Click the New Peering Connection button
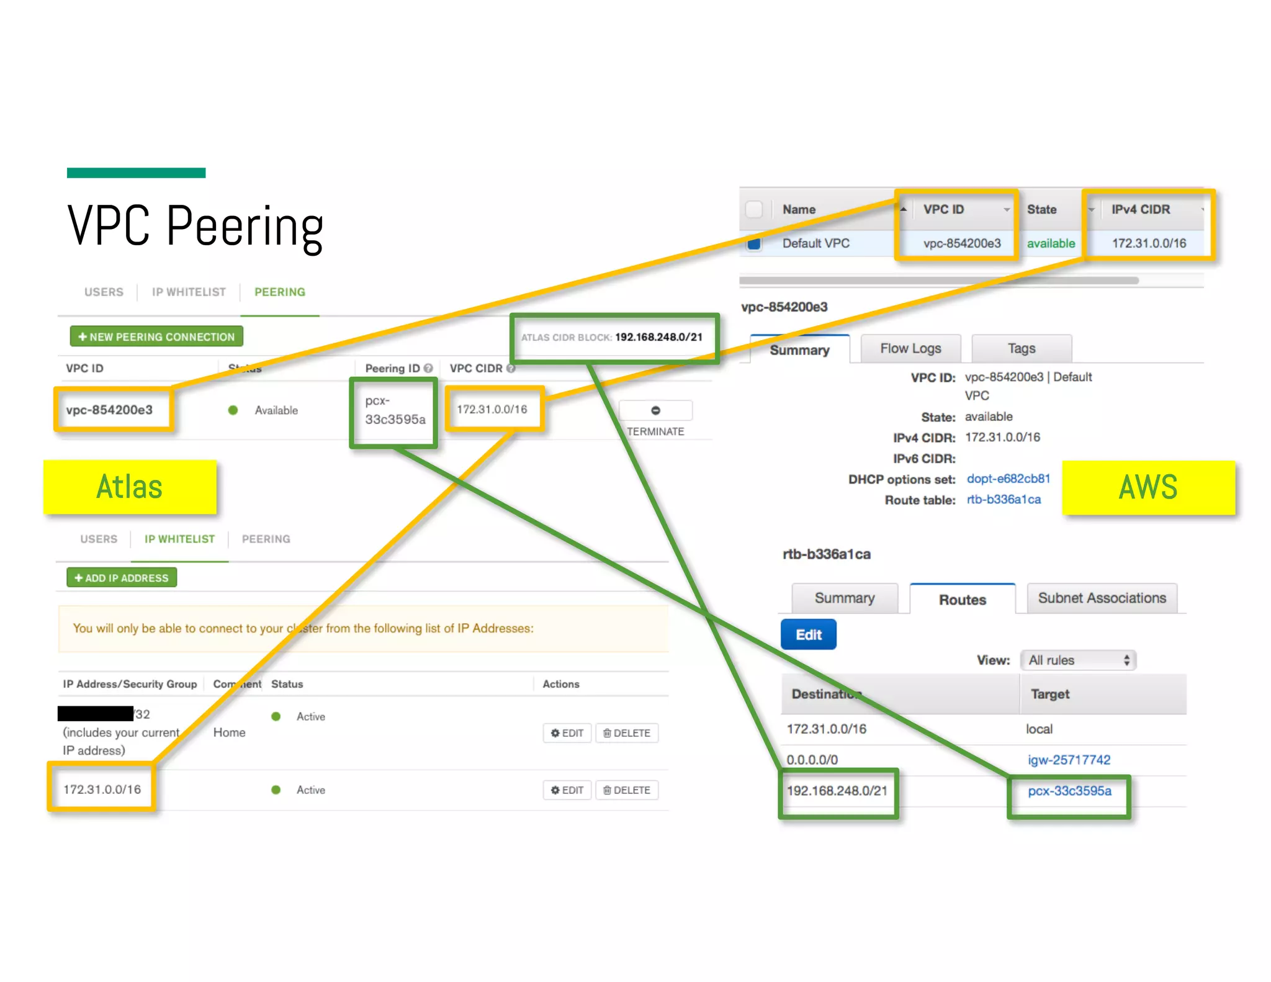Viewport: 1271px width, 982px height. pyautogui.click(x=156, y=336)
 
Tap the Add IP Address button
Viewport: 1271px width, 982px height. pyautogui.click(x=122, y=578)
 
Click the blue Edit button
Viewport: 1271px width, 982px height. pyautogui.click(x=808, y=634)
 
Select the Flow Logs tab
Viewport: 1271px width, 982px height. pyautogui.click(x=910, y=349)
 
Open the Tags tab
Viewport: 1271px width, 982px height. pyautogui.click(x=1021, y=349)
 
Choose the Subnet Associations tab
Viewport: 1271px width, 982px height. pyautogui.click(x=1102, y=598)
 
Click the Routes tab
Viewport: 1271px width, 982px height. pyautogui.click(x=962, y=600)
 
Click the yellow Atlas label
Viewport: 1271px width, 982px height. pyautogui.click(x=130, y=487)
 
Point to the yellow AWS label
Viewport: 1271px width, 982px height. pyautogui.click(x=1148, y=487)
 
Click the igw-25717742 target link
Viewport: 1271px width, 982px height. pyautogui.click(x=1069, y=760)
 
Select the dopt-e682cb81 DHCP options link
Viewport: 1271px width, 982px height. pyautogui.click(x=1008, y=479)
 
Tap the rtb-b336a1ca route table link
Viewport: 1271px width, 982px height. pyautogui.click(x=1004, y=500)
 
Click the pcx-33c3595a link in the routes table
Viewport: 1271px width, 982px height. pyautogui.click(x=1069, y=791)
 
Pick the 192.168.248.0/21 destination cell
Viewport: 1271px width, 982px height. pyautogui.click(x=837, y=791)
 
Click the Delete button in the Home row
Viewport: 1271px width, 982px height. pyautogui.click(x=627, y=733)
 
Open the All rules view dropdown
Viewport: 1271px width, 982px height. pyautogui.click(x=1078, y=660)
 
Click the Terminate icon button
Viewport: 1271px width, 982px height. pyautogui.click(x=655, y=410)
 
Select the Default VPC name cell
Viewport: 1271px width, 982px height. pyautogui.click(x=815, y=243)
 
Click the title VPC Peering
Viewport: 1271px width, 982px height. pyautogui.click(x=195, y=226)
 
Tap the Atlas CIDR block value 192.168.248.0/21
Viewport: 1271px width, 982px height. pyautogui.click(x=658, y=337)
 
